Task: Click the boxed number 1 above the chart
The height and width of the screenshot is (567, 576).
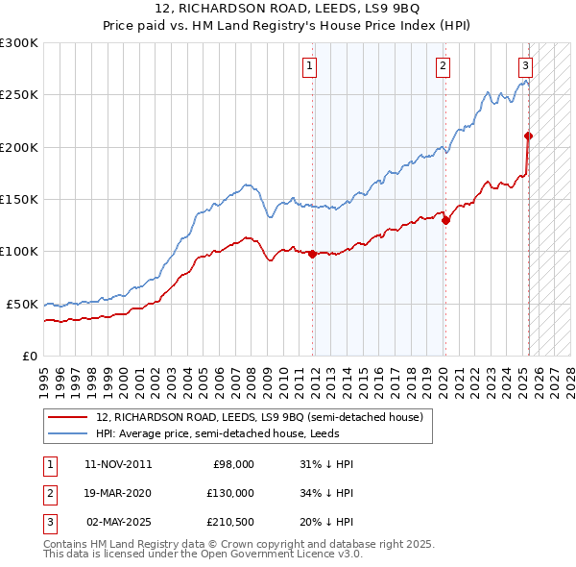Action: coord(311,66)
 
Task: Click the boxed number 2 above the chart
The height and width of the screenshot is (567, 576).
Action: coord(443,66)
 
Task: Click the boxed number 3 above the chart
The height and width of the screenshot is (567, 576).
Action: coord(526,66)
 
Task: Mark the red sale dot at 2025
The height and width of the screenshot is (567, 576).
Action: coord(529,136)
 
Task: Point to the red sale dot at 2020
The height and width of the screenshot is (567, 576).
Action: coord(446,220)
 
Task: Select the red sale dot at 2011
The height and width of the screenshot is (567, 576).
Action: coord(313,254)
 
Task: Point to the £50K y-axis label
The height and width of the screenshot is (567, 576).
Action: coord(22,304)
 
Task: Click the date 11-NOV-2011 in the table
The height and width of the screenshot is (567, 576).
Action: coord(118,464)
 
